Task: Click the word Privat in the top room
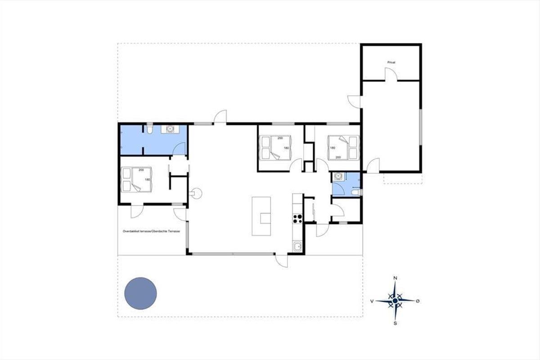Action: click(391, 62)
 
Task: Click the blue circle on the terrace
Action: click(140, 293)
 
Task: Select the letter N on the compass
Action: click(395, 278)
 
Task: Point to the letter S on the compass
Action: click(395, 324)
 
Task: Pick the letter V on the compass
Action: click(372, 301)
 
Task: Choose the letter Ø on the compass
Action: click(418, 301)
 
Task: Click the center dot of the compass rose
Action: click(395, 301)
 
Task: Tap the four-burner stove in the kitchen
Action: click(297, 218)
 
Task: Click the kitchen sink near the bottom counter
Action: click(297, 247)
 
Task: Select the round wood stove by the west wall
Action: click(196, 193)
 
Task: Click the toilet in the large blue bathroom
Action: click(149, 129)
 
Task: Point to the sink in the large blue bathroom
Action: click(170, 129)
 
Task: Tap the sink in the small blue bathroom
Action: click(337, 176)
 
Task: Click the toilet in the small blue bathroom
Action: click(356, 192)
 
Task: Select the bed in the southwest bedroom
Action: click(136, 180)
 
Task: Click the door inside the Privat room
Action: click(391, 74)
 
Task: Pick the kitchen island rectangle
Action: click(261, 216)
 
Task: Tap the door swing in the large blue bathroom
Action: click(180, 149)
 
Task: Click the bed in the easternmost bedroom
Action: click(343, 148)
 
